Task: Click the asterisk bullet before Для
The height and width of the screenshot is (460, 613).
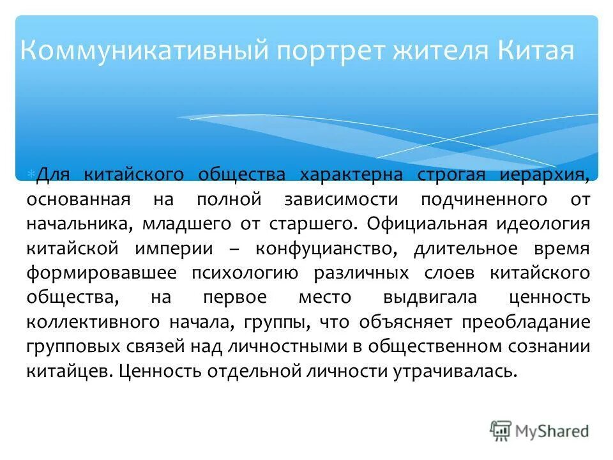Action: tap(31, 174)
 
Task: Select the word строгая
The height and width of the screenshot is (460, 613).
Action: tap(452, 174)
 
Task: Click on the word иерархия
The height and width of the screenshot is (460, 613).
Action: tap(546, 174)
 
